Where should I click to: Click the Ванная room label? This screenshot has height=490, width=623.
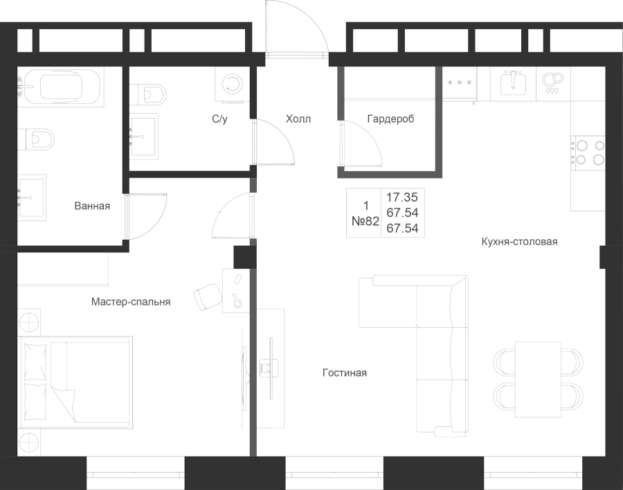pos(92,206)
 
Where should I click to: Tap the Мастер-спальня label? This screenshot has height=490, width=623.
pos(131,302)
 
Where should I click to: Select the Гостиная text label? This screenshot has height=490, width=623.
pos(345,373)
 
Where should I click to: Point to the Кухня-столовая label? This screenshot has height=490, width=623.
pos(519,241)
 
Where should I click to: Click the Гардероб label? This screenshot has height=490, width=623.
pos(390,119)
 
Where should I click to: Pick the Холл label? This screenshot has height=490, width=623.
pos(298,119)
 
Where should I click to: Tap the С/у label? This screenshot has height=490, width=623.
pos(219,119)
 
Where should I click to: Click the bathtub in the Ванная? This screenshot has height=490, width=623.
pos(61,87)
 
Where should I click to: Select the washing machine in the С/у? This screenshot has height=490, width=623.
pos(229,85)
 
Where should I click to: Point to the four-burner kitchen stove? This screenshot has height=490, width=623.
pos(588,152)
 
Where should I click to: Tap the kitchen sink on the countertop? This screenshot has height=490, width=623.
pos(513,84)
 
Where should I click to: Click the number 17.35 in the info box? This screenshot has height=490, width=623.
pos(402,198)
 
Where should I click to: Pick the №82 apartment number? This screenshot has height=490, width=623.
pos(365,221)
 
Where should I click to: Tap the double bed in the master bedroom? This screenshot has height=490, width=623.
pos(75,383)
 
